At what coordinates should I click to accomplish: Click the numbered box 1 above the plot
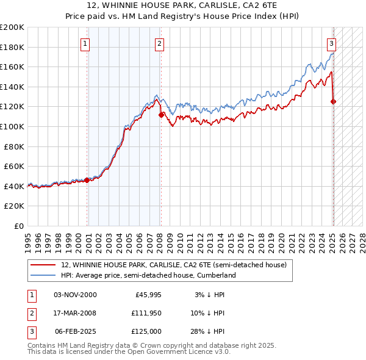tap(85, 43)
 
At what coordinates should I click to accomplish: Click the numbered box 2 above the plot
tap(159, 43)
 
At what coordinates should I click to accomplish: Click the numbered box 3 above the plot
tap(331, 43)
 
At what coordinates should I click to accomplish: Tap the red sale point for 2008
tap(161, 114)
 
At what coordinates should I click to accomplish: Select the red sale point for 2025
tap(334, 101)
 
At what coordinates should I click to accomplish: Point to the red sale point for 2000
tap(87, 180)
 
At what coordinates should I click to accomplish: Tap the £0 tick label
tap(18, 226)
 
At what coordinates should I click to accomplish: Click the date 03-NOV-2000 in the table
tap(75, 295)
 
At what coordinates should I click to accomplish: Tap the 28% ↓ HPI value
tap(210, 331)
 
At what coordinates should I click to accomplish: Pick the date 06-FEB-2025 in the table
tap(75, 331)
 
